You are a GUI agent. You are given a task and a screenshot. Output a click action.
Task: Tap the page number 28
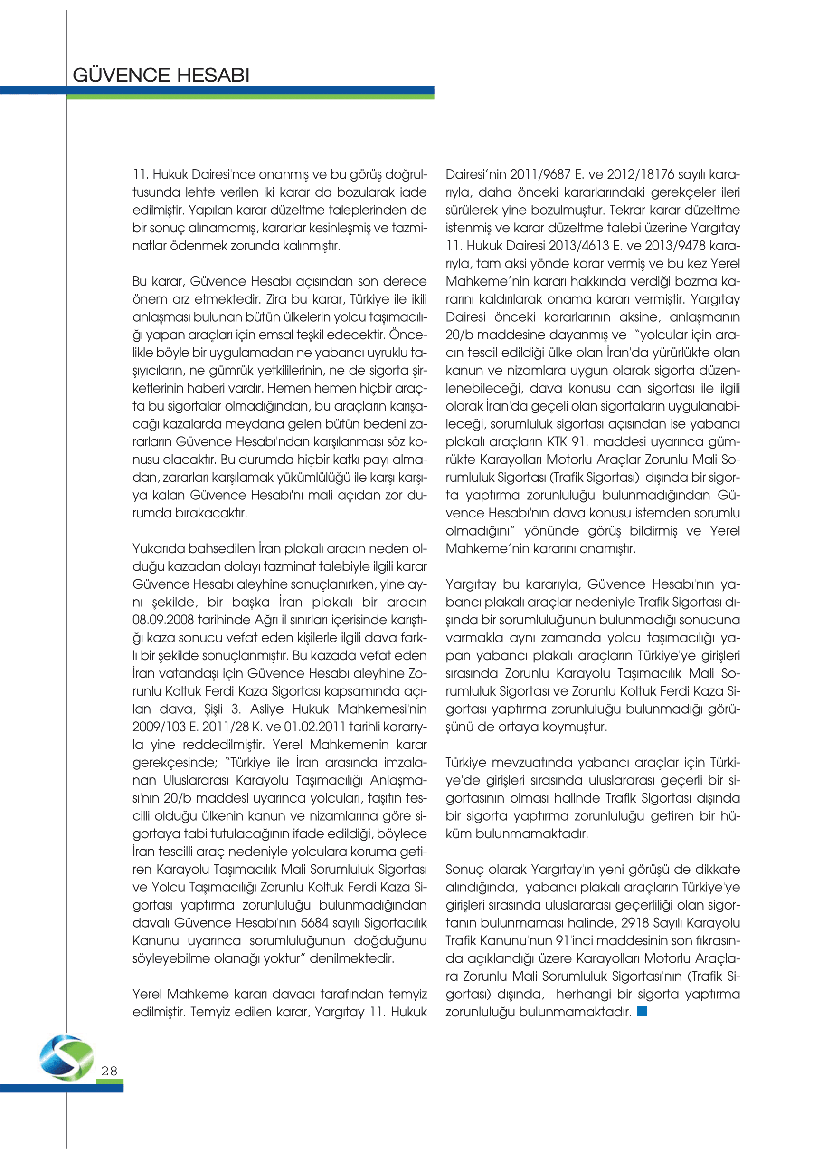point(109,1071)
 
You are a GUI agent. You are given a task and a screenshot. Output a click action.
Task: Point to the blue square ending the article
point(642,1011)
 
